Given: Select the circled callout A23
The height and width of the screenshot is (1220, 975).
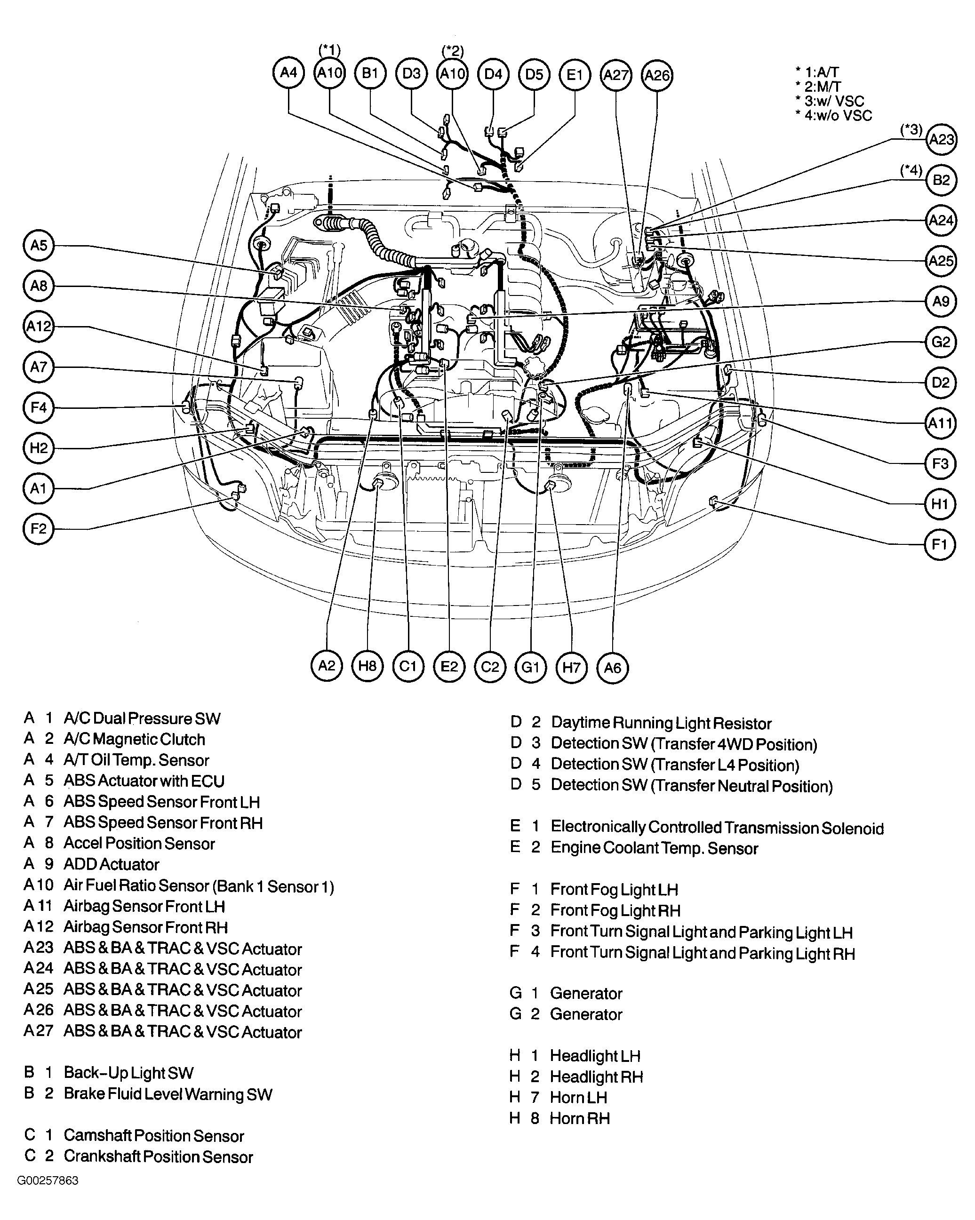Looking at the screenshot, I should click(941, 140).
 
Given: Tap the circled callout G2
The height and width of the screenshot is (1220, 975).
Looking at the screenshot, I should click(941, 343).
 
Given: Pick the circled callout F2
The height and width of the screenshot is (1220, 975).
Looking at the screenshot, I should click(39, 529).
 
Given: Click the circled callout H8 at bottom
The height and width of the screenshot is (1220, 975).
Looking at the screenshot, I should click(367, 666).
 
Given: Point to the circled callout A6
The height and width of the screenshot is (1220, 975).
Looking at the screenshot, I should click(612, 668).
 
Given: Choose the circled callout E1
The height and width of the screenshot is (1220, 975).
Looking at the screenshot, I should click(575, 75).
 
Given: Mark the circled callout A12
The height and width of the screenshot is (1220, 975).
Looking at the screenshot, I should click(39, 327).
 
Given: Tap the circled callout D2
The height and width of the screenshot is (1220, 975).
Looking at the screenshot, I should click(941, 383).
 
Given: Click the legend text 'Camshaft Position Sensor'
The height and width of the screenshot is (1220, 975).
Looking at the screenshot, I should click(153, 1136).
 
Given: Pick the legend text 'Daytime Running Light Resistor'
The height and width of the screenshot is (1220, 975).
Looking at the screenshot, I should click(661, 723).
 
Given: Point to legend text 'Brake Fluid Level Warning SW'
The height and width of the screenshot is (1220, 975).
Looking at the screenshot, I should click(168, 1094).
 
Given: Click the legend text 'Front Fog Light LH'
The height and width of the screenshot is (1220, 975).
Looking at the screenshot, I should click(614, 890).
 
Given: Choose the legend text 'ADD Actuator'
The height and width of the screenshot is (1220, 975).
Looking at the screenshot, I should click(111, 865).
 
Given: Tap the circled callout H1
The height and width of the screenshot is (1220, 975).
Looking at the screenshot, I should click(939, 504).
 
